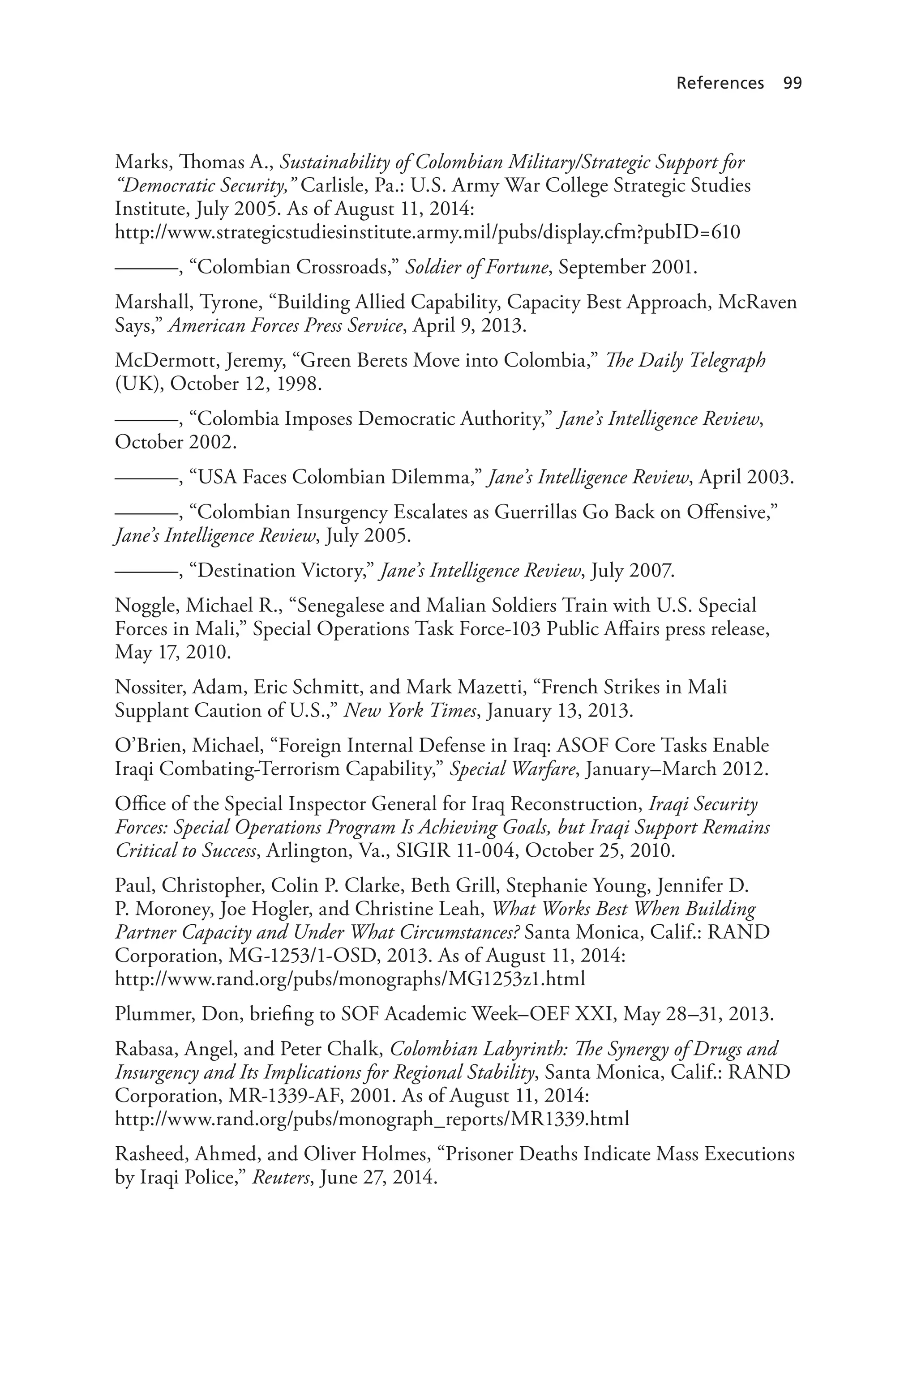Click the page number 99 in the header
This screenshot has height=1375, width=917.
pos(793,83)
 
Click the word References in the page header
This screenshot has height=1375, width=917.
pos(720,83)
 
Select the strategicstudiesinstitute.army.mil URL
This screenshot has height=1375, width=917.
pos(427,232)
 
